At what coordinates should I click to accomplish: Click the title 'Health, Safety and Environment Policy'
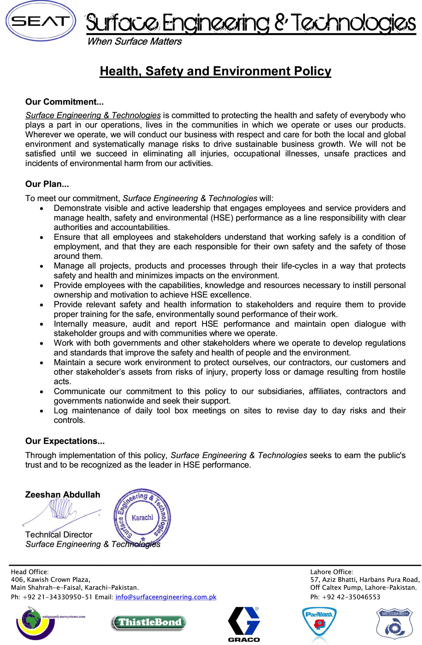pos(215,71)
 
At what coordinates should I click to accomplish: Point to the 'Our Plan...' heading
pos(47,184)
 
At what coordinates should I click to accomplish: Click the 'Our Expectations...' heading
pos(65,441)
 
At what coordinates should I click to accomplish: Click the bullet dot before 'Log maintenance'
pos(42,411)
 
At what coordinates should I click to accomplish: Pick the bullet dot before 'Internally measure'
pos(42,325)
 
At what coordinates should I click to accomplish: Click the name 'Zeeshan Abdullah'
pos(62,495)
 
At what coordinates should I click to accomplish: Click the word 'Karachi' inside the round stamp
pos(142,518)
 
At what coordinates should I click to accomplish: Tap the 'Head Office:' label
pos(30,572)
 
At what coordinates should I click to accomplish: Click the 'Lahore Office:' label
pos(332,572)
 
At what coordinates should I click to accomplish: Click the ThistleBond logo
pos(149,622)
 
